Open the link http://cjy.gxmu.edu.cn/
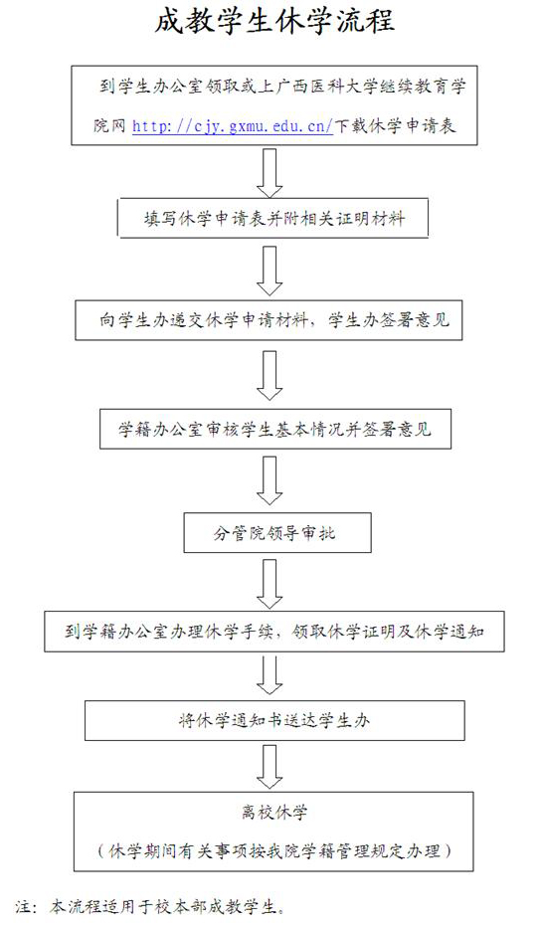233,125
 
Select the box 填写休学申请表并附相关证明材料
273,219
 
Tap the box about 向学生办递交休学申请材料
269,320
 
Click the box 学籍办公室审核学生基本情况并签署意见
275,429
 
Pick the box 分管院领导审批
277,533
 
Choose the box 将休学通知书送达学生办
274,720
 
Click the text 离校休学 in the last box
274,813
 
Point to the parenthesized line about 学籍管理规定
274,851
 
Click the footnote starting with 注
150,906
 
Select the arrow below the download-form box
269,172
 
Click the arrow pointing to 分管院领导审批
269,480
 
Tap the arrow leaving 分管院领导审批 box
269,584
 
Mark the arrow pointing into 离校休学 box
269,767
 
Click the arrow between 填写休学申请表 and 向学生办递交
269,271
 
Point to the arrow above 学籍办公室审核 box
269,376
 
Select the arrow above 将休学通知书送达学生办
269,675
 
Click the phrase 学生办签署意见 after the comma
389,320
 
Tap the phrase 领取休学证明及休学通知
389,632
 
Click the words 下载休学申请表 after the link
396,125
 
